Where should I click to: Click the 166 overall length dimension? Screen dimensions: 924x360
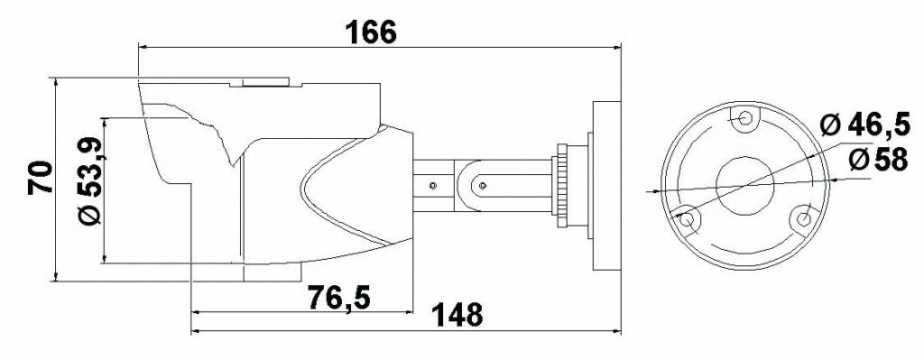371,32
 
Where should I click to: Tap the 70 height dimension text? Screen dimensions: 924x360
41,178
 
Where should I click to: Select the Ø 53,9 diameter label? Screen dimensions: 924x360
91,180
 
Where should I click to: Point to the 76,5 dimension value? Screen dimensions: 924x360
339,298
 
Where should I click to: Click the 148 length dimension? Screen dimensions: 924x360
457,315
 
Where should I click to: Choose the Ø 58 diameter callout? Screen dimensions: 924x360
879,159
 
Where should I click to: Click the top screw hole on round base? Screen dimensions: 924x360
744,118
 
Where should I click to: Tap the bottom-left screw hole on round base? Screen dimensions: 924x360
687,220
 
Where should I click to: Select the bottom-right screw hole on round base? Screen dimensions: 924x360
802,218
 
